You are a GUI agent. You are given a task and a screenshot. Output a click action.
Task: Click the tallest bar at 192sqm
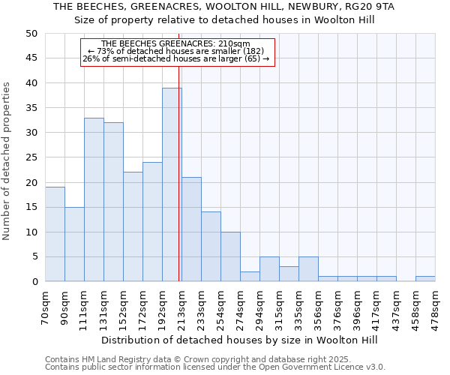[172, 184]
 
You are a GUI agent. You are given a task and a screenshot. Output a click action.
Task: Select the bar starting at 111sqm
[94, 199]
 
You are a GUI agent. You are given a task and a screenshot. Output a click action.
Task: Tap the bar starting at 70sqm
[55, 234]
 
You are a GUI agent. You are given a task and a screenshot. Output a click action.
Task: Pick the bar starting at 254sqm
[230, 256]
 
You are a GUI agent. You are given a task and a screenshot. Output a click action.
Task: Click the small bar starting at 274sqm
[250, 277]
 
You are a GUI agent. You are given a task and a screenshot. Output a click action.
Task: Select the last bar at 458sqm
[425, 279]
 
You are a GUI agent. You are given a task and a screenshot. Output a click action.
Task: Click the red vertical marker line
[179, 150]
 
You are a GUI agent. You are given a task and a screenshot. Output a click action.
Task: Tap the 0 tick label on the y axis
[34, 282]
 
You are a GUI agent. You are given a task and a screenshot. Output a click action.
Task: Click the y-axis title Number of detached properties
[7, 162]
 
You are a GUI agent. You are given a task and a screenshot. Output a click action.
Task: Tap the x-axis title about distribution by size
[239, 340]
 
